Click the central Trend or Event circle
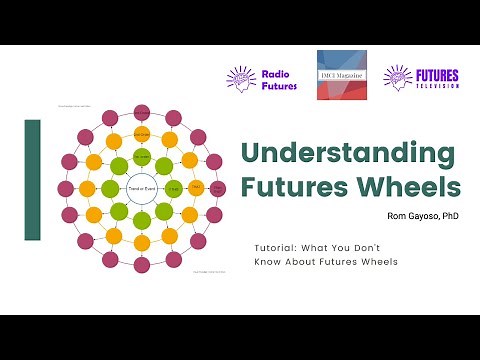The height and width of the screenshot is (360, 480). pyautogui.click(x=140, y=188)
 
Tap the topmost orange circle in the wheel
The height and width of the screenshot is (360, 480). pyautogui.click(x=141, y=134)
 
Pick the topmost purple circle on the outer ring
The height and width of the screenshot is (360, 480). pyautogui.click(x=141, y=111)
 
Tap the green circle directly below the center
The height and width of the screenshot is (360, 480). pyautogui.click(x=141, y=218)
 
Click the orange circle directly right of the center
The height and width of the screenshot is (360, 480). pyautogui.click(x=195, y=188)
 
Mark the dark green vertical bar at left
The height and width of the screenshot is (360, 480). pyautogui.click(x=32, y=180)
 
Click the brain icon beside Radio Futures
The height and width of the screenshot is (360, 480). pyautogui.click(x=241, y=77)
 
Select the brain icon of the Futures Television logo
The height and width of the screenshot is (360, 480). pyautogui.click(x=399, y=77)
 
